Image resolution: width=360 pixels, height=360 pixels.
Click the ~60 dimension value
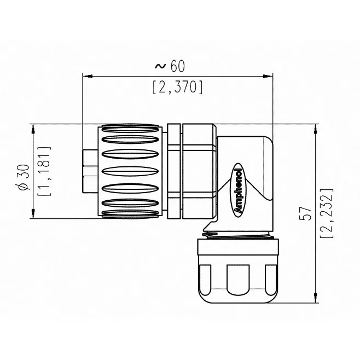[x=170, y=66]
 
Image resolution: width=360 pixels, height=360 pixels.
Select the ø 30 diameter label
[x=24, y=177]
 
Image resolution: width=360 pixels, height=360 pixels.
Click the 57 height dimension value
[x=306, y=213]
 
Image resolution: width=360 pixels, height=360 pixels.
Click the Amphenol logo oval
[x=238, y=190]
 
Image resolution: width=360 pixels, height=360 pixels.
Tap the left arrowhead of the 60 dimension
[x=88, y=76]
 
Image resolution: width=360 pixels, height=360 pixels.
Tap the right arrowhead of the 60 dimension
[x=268, y=76]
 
